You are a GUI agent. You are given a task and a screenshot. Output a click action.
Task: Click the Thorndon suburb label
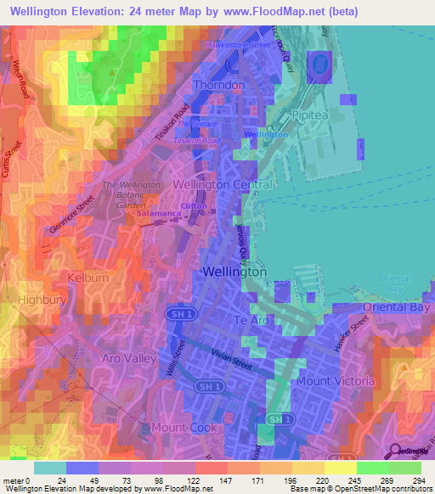click(219, 86)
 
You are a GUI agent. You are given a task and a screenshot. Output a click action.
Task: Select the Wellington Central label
click(223, 184)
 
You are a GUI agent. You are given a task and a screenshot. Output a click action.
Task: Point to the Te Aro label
click(251, 320)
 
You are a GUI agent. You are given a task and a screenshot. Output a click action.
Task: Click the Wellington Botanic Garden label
click(131, 194)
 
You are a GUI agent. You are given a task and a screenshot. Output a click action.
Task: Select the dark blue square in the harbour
click(319, 65)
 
